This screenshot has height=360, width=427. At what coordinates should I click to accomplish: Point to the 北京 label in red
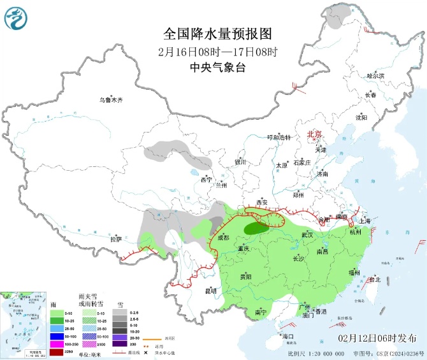(x=315, y=134)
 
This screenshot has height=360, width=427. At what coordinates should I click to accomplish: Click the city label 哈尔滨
(x=376, y=76)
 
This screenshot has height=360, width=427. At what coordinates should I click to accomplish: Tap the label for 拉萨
(x=115, y=240)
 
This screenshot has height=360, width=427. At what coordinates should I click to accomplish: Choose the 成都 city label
(x=222, y=238)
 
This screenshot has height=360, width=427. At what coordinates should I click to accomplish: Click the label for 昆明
(x=210, y=291)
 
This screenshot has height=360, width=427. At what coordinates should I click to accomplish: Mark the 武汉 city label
(x=307, y=235)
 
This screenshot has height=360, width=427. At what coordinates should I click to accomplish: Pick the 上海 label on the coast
(x=365, y=221)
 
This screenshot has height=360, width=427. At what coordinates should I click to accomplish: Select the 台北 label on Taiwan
(x=374, y=279)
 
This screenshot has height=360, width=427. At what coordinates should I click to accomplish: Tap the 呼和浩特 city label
(x=279, y=137)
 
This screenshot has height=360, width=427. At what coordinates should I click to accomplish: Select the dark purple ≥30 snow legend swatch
(x=119, y=343)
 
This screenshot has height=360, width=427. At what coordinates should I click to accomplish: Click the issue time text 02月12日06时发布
(x=377, y=337)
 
